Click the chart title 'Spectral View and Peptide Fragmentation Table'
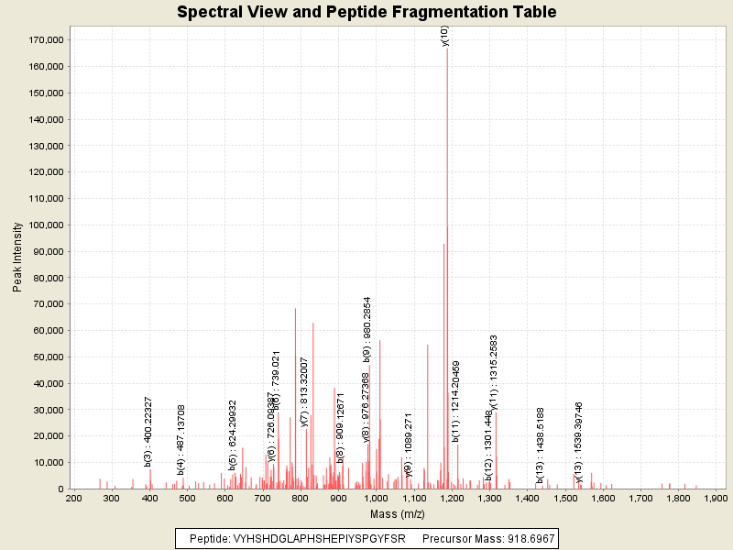366,12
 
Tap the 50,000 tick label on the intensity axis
49,357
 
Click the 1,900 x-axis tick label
716,498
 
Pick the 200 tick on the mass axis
74,498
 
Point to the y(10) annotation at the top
444,36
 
